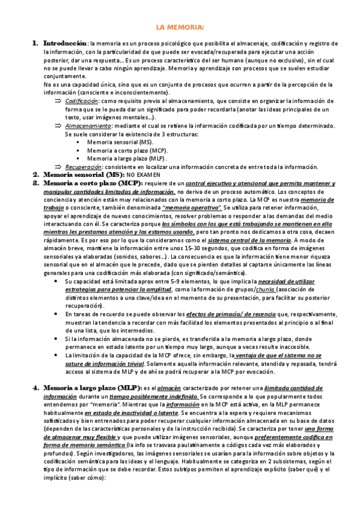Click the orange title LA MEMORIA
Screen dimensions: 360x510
180,28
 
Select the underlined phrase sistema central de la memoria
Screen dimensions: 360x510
240,241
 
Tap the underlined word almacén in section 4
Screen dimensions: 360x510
169,388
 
